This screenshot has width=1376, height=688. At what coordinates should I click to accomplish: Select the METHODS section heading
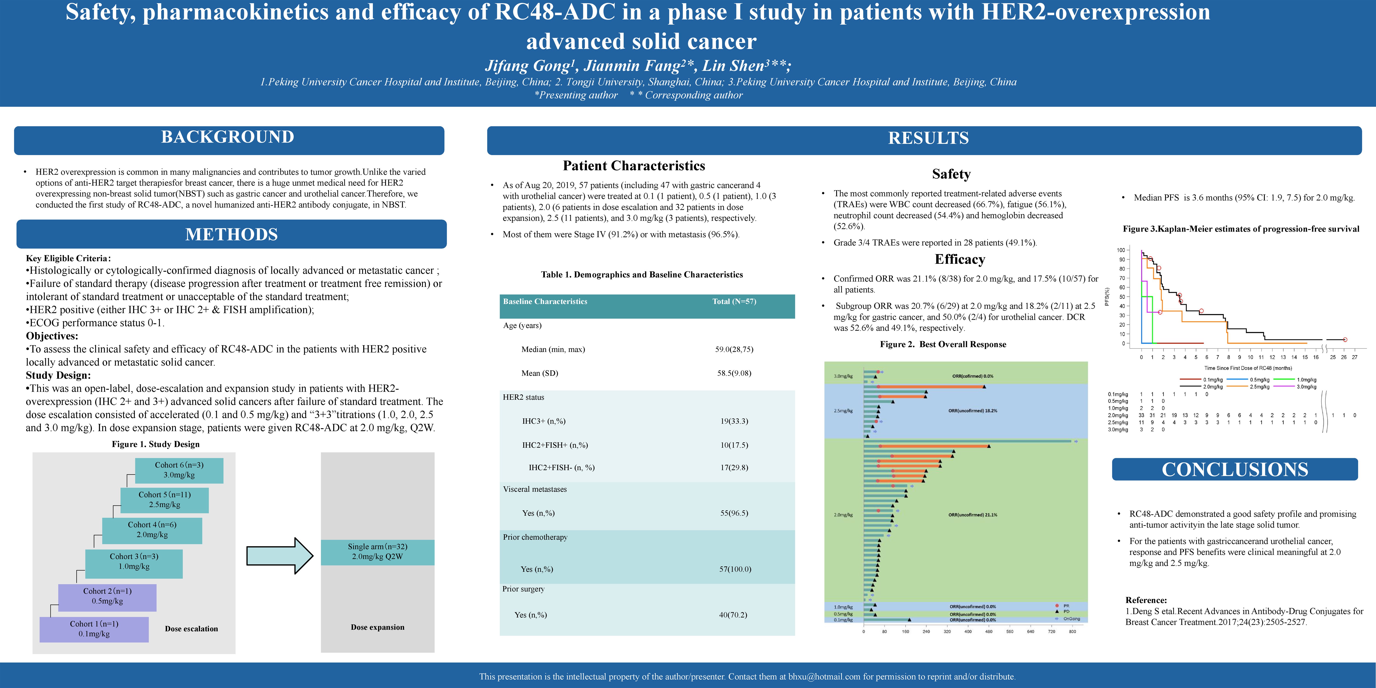pyautogui.click(x=231, y=235)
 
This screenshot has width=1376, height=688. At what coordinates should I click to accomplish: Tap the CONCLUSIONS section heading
pyautogui.click(x=1235, y=469)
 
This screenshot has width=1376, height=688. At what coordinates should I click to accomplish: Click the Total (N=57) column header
pyautogui.click(x=734, y=302)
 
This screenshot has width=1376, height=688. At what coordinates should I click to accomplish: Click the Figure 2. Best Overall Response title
pyautogui.click(x=943, y=344)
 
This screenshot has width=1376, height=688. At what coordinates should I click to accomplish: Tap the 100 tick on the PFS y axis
pyautogui.click(x=1120, y=250)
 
